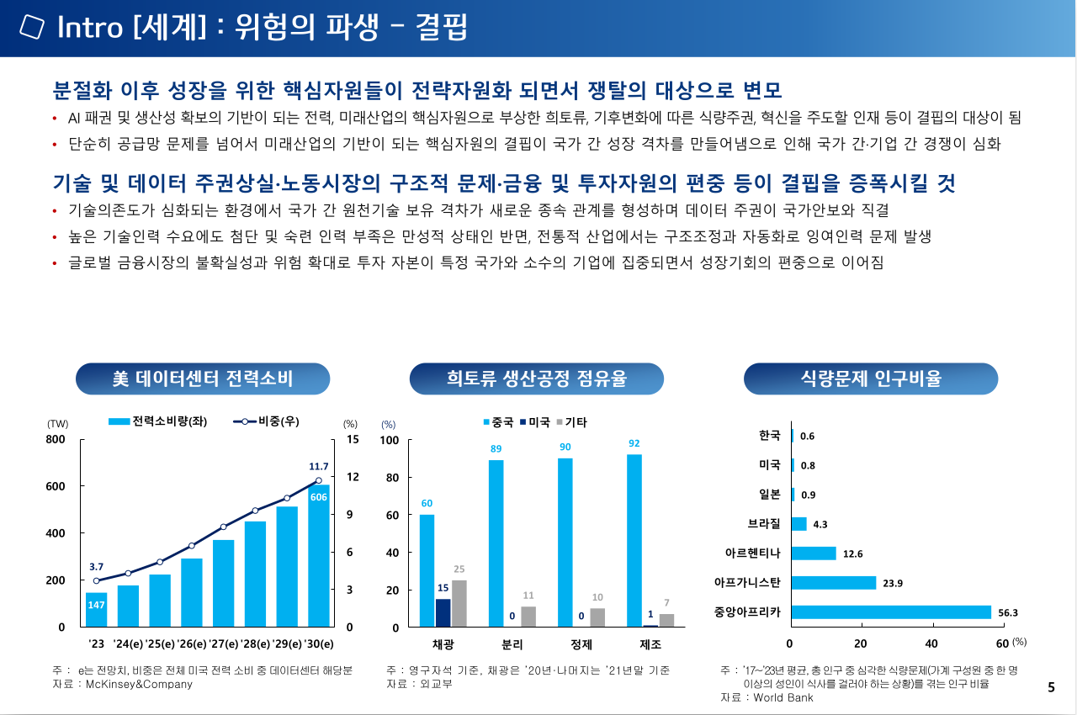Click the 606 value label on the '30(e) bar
pyautogui.click(x=318, y=498)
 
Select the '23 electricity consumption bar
pyautogui.click(x=97, y=610)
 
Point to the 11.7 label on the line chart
pyautogui.click(x=319, y=466)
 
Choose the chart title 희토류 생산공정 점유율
pyautogui.click(x=536, y=379)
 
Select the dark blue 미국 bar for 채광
pyautogui.click(x=443, y=612)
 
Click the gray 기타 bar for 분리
pyautogui.click(x=528, y=617)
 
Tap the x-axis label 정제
pyautogui.click(x=581, y=645)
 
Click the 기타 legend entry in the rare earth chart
pyautogui.click(x=571, y=422)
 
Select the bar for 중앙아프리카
pyautogui.click(x=891, y=612)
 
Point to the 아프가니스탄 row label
pyautogui.click(x=747, y=582)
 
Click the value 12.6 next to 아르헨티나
pyautogui.click(x=853, y=553)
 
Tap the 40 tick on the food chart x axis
pyautogui.click(x=931, y=643)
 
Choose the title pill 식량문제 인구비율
pyautogui.click(x=870, y=379)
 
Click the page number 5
pyautogui.click(x=1051, y=687)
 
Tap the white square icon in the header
pyautogui.click(x=31, y=27)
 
